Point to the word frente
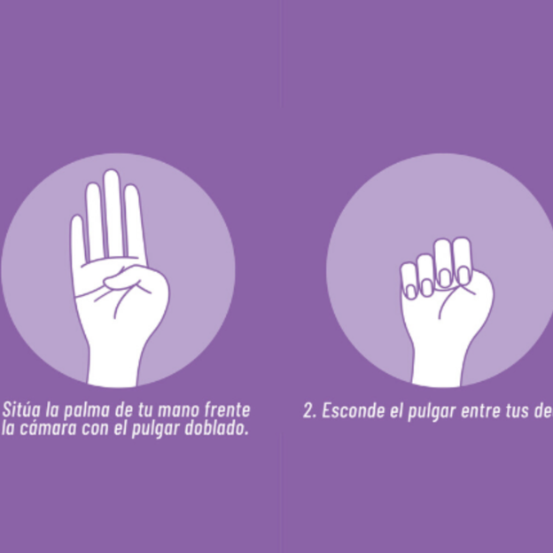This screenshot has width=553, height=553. pyautogui.click(x=230, y=410)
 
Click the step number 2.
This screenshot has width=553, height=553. pyautogui.click(x=308, y=411)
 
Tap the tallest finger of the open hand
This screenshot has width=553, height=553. pyautogui.click(x=112, y=213)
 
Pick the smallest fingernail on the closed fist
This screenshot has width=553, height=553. pyautogui.click(x=410, y=292)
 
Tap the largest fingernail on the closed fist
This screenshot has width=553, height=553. pyautogui.click(x=462, y=276)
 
